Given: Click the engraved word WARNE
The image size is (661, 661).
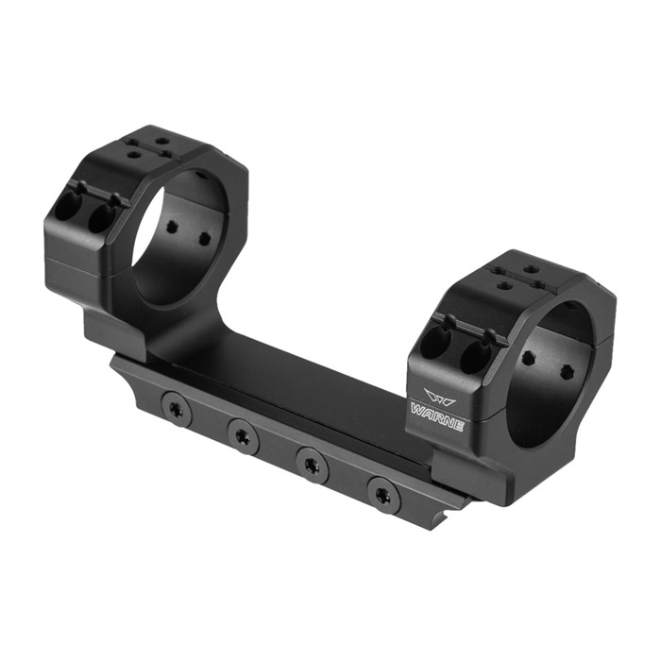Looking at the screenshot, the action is click(436, 418).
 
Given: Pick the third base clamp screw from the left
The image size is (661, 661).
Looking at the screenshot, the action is click(313, 465).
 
